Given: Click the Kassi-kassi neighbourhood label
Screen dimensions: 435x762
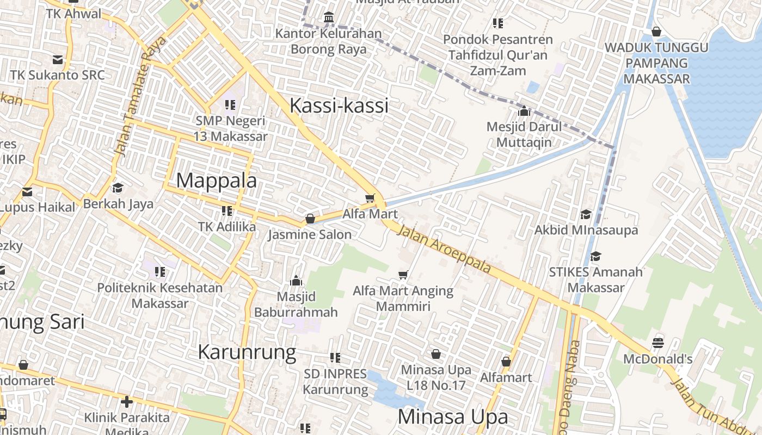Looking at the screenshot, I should [x=339, y=105].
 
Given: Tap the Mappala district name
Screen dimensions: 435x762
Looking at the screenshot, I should [x=216, y=180].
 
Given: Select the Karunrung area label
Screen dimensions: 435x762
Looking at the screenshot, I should [x=247, y=352].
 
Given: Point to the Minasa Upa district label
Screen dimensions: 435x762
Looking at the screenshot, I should [x=453, y=417].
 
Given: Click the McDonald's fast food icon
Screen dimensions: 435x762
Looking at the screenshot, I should [x=658, y=343].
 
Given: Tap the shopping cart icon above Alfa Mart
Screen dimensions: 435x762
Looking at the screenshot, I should [x=370, y=198].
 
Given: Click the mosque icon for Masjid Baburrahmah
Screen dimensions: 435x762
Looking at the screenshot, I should [x=296, y=281].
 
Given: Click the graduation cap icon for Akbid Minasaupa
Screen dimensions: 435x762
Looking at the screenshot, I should [x=586, y=214].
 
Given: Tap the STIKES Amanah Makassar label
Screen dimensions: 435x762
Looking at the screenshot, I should [x=595, y=279].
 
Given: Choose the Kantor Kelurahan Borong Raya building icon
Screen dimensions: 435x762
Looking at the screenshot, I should [x=329, y=18].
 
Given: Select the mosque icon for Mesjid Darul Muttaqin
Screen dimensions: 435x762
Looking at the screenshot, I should [x=524, y=111].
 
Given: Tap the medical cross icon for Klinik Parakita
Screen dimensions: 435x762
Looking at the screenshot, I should [x=127, y=402].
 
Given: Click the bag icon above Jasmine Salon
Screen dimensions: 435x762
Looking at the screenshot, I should [x=310, y=219].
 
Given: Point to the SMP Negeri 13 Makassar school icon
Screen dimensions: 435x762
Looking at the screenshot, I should [x=230, y=104].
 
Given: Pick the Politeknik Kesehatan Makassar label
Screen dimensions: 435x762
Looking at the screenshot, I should [x=160, y=295].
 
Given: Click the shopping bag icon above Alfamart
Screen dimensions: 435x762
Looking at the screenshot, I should [x=506, y=362].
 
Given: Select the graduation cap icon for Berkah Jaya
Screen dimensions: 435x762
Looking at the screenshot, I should [x=118, y=188].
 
